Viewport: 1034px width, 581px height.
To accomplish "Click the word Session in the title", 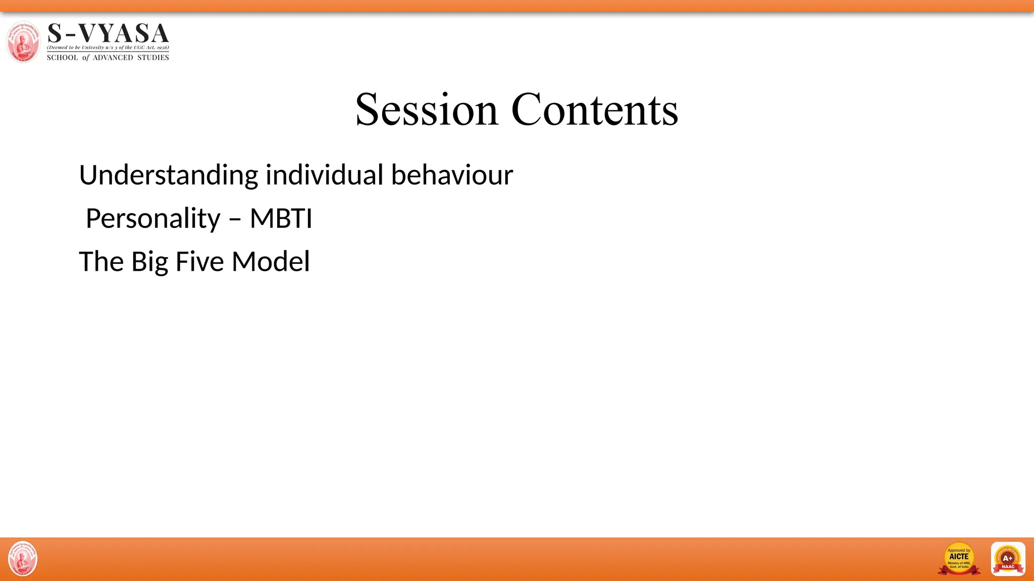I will tap(427, 110).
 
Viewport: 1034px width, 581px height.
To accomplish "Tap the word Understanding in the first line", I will tap(169, 176).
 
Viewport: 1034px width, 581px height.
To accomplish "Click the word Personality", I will tap(153, 219).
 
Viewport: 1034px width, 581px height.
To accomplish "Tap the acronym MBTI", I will tap(281, 218).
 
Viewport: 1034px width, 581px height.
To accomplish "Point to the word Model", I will tap(271, 262).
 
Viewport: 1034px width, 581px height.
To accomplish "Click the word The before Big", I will tap(101, 262).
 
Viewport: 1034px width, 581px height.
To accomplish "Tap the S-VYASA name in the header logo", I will tap(108, 33).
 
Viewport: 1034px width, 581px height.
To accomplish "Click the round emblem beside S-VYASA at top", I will tap(23, 42).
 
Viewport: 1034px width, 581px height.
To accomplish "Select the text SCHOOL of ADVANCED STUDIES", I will tap(108, 57).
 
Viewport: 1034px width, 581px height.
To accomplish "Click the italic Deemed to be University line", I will tap(108, 47).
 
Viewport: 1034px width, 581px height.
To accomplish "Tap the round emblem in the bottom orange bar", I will tap(23, 559).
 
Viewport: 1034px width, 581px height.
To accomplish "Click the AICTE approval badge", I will tap(959, 559).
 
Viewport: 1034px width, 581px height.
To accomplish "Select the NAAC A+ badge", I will tap(1008, 559).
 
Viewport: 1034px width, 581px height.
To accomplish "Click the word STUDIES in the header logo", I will tap(153, 57).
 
